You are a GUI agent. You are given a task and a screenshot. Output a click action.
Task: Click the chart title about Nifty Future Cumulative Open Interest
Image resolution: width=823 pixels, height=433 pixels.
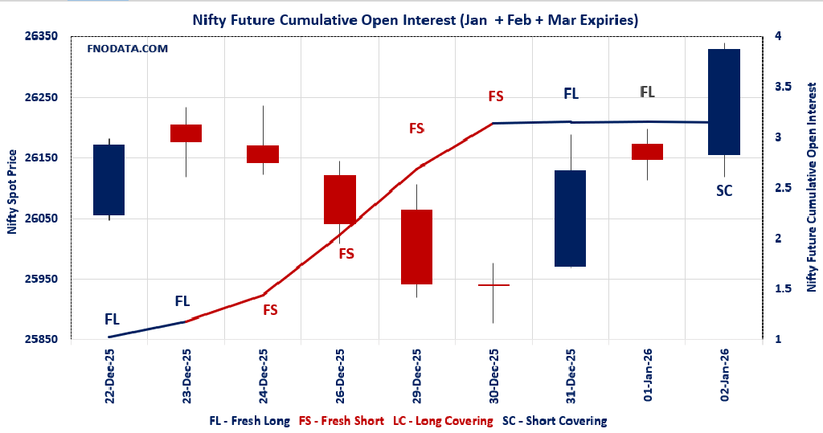(416, 20)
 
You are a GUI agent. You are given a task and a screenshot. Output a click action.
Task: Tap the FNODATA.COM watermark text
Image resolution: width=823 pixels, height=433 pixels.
(127, 49)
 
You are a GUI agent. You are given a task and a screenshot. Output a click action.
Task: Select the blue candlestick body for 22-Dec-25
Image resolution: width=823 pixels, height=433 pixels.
(109, 180)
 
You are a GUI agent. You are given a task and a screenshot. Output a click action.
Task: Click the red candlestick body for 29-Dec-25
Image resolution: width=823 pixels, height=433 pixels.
(416, 247)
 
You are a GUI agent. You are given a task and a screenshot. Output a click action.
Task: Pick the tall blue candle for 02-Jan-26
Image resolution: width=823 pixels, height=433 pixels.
(723, 102)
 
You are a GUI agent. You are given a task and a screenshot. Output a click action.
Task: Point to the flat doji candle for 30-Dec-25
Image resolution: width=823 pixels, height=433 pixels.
(493, 285)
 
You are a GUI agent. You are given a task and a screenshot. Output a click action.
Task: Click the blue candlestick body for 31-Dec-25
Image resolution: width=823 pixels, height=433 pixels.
(570, 218)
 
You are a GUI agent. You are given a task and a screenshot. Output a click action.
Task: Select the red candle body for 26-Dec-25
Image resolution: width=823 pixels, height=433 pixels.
(339, 199)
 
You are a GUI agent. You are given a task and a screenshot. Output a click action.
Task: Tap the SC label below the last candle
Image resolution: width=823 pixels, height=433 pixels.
(724, 190)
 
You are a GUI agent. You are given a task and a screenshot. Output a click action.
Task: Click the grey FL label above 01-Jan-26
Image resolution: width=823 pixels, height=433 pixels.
(647, 92)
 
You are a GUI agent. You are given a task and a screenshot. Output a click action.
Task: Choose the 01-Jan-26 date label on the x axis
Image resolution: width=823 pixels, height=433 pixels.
(647, 375)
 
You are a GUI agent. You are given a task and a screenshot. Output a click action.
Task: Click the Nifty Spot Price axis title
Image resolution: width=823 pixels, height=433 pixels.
(12, 191)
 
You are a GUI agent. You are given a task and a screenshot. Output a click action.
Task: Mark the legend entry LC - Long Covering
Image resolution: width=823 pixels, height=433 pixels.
(443, 420)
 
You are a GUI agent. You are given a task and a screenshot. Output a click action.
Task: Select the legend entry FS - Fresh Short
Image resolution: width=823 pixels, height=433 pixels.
(342, 420)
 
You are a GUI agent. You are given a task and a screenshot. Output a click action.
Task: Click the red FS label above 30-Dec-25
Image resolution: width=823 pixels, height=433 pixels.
(495, 96)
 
